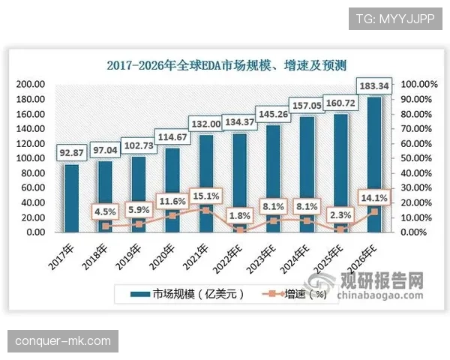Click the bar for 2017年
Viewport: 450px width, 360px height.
point(71,198)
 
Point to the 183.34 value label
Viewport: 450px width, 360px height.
point(374,85)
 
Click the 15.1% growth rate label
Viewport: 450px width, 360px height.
point(205,196)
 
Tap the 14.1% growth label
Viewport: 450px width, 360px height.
point(374,198)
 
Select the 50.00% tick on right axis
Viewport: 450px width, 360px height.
point(417,158)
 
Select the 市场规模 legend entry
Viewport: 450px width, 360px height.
point(187,295)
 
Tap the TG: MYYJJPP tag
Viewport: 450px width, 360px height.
point(395,17)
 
